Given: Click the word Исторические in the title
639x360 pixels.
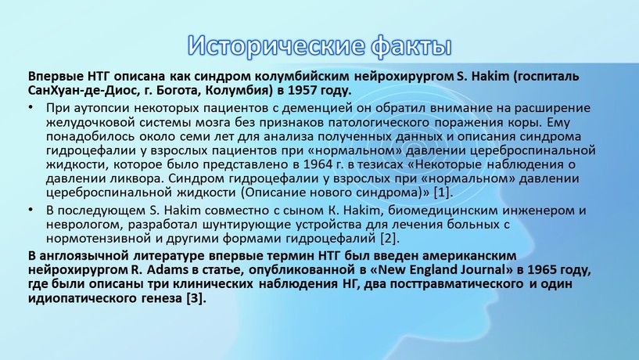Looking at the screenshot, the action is (x=276, y=45).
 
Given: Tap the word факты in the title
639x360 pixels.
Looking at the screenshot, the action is (x=411, y=45).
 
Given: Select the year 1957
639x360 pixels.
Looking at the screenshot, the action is (x=303, y=90).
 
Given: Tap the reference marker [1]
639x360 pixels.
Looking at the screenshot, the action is (x=443, y=192).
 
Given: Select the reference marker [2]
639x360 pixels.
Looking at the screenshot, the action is (x=390, y=238).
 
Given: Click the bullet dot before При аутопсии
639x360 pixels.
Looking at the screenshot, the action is (x=31, y=108).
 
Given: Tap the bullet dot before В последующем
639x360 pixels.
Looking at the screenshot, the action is (x=31, y=210).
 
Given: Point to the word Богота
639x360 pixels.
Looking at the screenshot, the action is (x=174, y=90).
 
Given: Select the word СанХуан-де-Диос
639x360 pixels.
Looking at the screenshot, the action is (x=84, y=90).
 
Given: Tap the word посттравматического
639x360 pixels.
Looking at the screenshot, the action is (x=457, y=284).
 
